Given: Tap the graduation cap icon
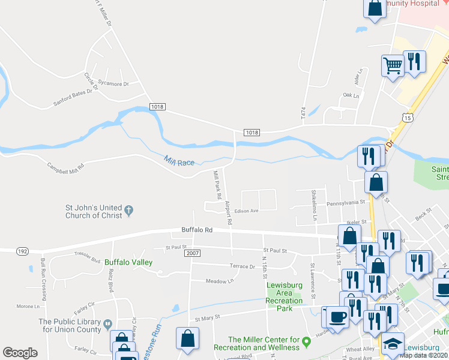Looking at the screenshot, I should coord(394,344).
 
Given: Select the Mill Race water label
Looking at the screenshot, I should coord(178,160).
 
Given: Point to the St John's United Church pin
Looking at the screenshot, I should coord(128,211).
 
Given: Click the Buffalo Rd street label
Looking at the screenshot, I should coord(197,230).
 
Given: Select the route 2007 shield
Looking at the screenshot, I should coord(192,253).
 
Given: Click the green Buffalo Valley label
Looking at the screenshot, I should coord(128,262).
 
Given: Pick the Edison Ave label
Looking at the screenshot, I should coord(246,211).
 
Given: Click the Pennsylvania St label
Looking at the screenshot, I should coord(346,204).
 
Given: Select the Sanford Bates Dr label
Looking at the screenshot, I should coord(76,96).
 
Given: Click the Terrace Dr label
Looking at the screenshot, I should coord(243,266).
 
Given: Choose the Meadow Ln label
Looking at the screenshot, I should coord(219,281).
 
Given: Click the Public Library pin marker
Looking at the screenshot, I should coord(107,324).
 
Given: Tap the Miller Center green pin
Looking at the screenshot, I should coord(307,343).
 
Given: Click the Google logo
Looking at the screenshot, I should coord(20,353).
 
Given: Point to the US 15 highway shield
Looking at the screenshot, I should coord(408,119).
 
